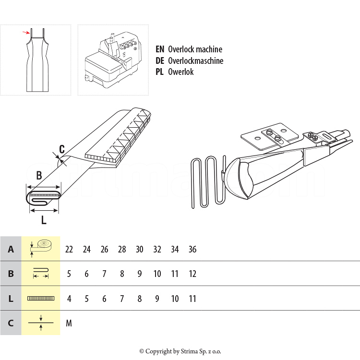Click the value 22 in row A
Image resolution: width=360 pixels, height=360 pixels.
tap(69, 250)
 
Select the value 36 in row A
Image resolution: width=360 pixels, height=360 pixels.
tap(192, 250)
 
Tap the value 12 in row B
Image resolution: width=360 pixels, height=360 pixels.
tap(192, 274)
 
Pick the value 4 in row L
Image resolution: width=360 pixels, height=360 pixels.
tap(69, 299)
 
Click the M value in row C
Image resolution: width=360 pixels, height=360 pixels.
tap(69, 323)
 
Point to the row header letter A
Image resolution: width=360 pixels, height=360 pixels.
tap(11, 250)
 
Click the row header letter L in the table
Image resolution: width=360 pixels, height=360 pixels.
tap(11, 299)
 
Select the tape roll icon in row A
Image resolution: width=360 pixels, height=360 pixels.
tap(41, 246)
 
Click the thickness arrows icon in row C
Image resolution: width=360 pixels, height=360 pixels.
tap(41, 323)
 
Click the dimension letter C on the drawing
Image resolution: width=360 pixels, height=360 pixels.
tap(62, 149)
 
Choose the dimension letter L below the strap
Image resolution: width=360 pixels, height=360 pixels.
tap(44, 220)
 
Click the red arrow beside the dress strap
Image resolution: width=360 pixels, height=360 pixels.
tap(26, 33)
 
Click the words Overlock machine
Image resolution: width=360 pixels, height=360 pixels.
tap(195, 49)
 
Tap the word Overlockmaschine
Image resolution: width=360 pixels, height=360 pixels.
tap(195, 60)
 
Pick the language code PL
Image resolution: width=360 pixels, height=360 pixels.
tap(160, 72)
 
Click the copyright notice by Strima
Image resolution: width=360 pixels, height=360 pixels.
tap(180, 351)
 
